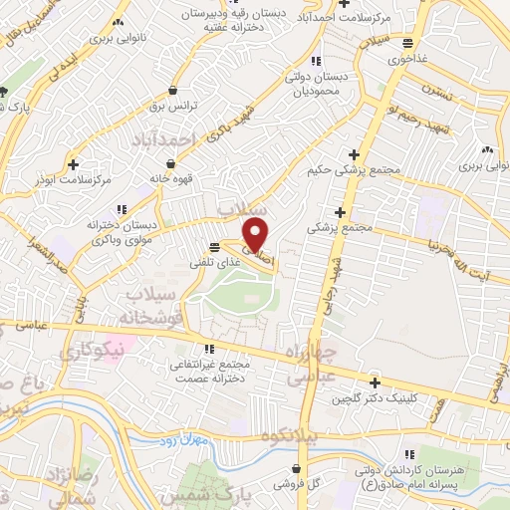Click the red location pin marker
[x=256, y=234]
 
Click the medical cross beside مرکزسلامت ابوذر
[x=74, y=163]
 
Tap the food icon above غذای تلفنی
[x=214, y=248]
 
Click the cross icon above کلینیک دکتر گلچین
[x=375, y=382]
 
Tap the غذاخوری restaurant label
[x=409, y=58]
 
